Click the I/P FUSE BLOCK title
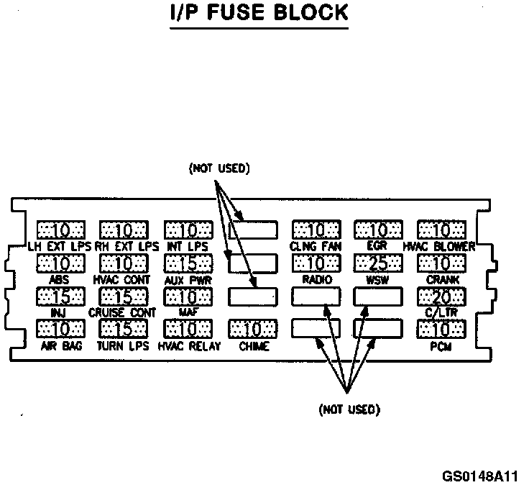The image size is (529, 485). click(259, 14)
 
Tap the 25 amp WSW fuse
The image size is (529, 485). click(378, 263)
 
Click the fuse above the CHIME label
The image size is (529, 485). click(252, 330)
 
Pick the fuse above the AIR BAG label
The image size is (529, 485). click(60, 330)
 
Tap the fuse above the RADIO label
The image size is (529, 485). click(316, 263)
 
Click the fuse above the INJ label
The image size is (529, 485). click(60, 296)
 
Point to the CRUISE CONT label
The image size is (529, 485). click(122, 313)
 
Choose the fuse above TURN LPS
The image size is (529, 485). click(124, 330)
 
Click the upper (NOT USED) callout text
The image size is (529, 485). click(218, 170)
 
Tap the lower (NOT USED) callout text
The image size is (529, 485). click(349, 409)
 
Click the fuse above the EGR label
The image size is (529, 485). click(378, 230)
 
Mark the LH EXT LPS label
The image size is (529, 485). click(60, 247)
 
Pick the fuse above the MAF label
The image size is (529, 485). click(188, 296)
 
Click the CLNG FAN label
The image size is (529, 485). click(316, 246)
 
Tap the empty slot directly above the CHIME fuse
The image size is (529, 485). click(252, 296)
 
